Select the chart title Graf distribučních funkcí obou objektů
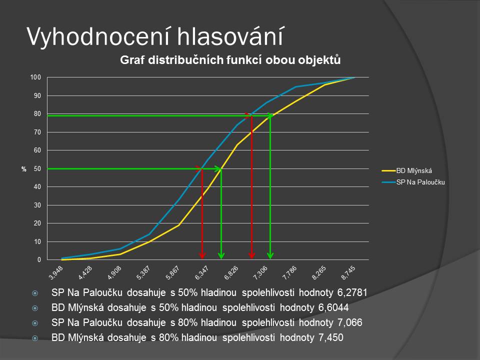pyautogui.click(x=230, y=60)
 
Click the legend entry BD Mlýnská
pyautogui.click(x=414, y=171)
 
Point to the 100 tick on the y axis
pyautogui.click(x=35, y=77)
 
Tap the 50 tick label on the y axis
pyautogui.click(x=37, y=168)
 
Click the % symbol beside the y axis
pyautogui.click(x=24, y=169)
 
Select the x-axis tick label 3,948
pyautogui.click(x=55, y=272)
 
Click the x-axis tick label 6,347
pyautogui.click(x=201, y=272)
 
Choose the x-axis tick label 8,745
pyautogui.click(x=348, y=272)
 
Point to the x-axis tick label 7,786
pyautogui.click(x=289, y=272)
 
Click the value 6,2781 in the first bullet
pyautogui.click(x=352, y=292)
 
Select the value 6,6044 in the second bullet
pyautogui.click(x=333, y=307)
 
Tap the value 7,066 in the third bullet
pyautogui.click(x=349, y=322)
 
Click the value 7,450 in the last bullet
pyautogui.click(x=330, y=337)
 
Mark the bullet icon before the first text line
pyautogui.click(x=35, y=293)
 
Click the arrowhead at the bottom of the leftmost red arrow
pyautogui.click(x=202, y=255)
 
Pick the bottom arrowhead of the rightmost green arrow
pyautogui.click(x=270, y=255)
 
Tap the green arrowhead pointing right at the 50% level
pyautogui.click(x=217, y=168)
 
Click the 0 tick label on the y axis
pyautogui.click(x=39, y=259)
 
